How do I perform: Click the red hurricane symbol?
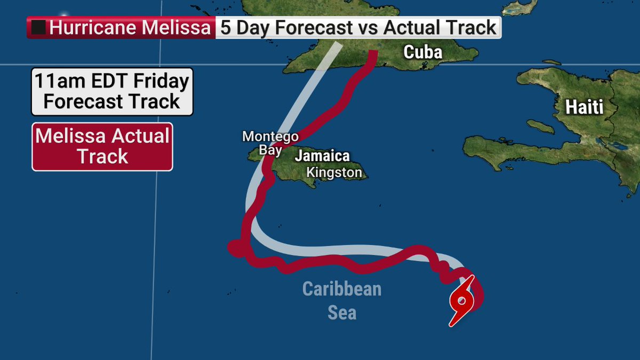[x=462, y=301]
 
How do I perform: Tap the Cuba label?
[x=423, y=52]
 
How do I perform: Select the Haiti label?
[x=585, y=107]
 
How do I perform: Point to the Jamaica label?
[x=322, y=156]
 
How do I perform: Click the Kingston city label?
[x=334, y=173]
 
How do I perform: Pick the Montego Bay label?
[x=270, y=143]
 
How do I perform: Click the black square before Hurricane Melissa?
[x=38, y=28]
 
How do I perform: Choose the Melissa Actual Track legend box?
[x=102, y=147]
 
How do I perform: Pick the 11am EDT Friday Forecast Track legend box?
[x=112, y=91]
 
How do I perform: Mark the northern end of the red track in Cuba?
[x=374, y=52]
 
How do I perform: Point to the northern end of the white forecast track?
[x=338, y=45]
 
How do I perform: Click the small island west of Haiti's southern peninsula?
[x=540, y=126]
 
